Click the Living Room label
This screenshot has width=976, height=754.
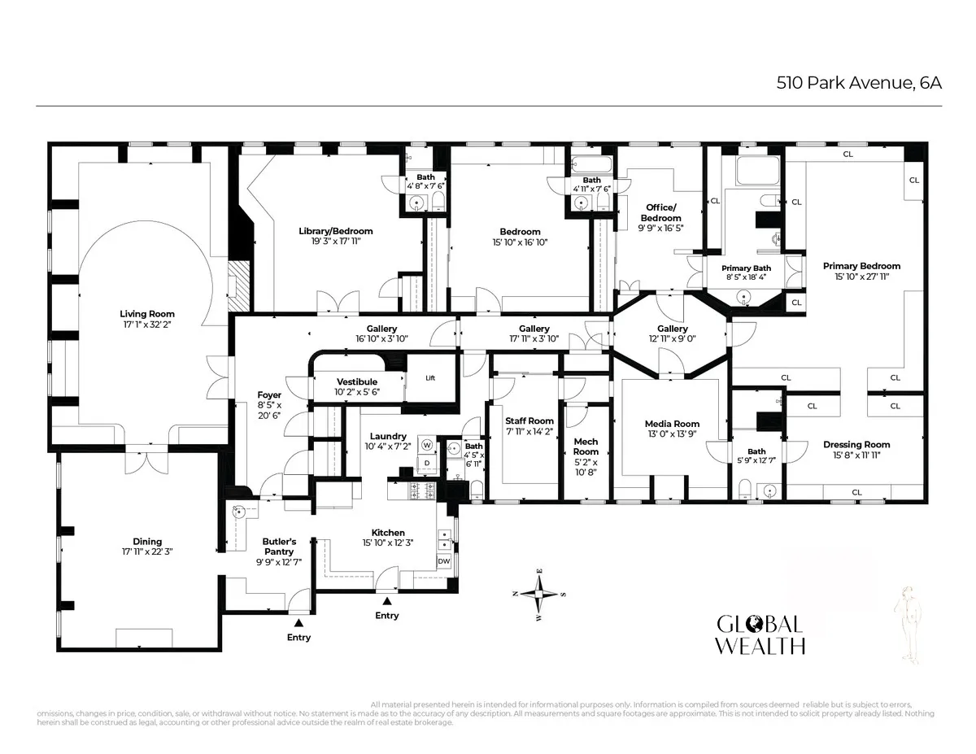click(147, 314)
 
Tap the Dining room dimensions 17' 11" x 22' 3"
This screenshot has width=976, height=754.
click(147, 551)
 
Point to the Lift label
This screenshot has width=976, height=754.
click(431, 377)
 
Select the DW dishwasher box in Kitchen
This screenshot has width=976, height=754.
click(444, 561)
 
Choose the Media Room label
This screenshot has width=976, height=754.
click(672, 424)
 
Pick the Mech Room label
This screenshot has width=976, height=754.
click(586, 447)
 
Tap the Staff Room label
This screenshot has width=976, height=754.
click(529, 421)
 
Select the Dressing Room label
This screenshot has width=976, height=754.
click(856, 444)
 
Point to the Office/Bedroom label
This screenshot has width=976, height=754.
click(660, 212)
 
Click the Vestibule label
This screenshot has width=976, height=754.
click(357, 381)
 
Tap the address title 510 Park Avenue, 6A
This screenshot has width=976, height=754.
click(859, 83)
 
